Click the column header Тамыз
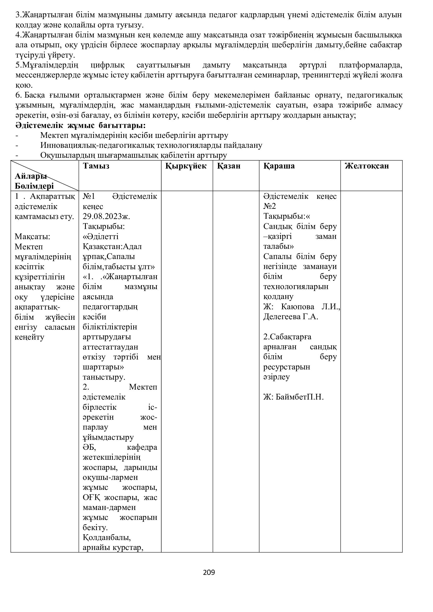[96, 166]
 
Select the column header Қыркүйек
[186, 166]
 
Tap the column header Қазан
[229, 166]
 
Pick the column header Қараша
[279, 166]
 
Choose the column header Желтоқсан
[367, 166]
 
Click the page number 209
[209, 572]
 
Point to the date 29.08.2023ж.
[106, 216]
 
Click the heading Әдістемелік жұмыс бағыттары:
[81, 125]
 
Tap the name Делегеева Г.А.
[291, 317]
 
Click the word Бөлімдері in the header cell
[34, 186]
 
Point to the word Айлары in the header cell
[31, 176]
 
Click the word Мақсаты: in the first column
[32, 237]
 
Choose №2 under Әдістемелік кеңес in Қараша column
[270, 206]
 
